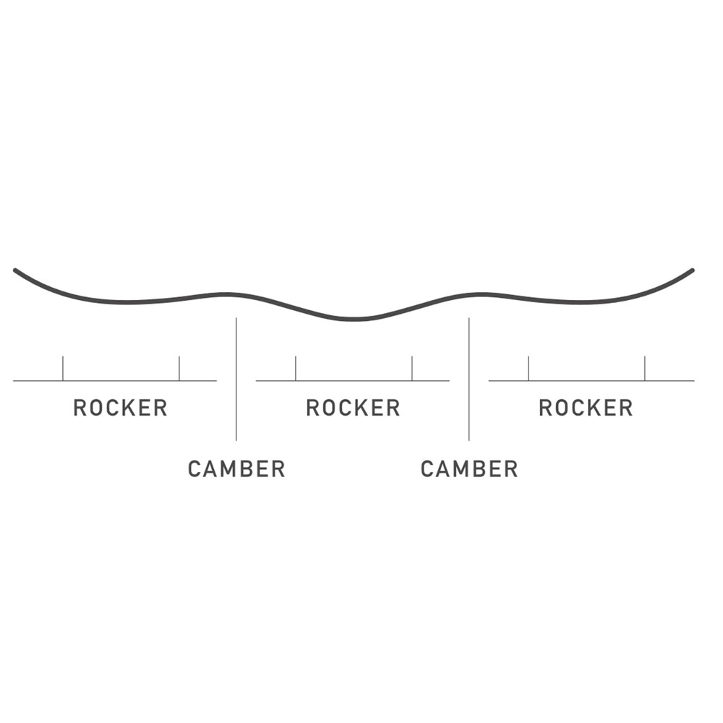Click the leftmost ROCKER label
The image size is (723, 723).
click(120, 408)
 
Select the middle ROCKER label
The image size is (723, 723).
click(353, 408)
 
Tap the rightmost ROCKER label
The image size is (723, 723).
click(586, 408)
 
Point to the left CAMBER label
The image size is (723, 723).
click(236, 469)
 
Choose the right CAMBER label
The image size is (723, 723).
click(469, 469)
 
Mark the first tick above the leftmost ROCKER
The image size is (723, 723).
click(63, 368)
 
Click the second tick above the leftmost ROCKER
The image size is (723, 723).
click(179, 368)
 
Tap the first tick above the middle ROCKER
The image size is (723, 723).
click(296, 368)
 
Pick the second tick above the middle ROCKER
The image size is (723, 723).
click(412, 368)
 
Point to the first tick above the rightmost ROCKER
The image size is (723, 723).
click(529, 368)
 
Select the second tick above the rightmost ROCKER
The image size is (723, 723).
click(645, 368)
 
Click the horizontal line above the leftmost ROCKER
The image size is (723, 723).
click(116, 380)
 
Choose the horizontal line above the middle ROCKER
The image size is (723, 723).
click(353, 380)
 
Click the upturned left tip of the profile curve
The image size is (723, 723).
click(17, 271)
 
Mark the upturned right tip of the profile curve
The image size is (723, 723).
click(691, 271)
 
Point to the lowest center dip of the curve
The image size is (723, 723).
click(354, 319)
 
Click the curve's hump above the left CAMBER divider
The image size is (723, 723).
click(228, 294)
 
